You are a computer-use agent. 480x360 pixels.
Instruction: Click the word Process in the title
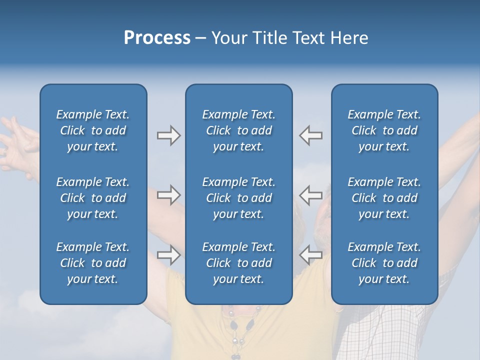pos(157,38)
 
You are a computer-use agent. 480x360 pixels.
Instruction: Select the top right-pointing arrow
pos(168,135)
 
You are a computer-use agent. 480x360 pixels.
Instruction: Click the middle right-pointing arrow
pos(168,194)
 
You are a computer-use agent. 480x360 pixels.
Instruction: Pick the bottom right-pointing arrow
pos(168,254)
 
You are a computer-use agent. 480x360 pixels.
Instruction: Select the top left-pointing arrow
pos(310,135)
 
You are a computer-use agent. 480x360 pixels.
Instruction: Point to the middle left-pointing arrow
pos(310,194)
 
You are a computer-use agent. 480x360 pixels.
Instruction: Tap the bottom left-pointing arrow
pos(310,254)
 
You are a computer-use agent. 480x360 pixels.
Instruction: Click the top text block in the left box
pos(93,130)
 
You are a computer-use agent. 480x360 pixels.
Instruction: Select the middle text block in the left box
pos(93,198)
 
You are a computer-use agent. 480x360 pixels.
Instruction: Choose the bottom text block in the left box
pos(93,263)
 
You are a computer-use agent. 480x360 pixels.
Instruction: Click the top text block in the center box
pos(238,130)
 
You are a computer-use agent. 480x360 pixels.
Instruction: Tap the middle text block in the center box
pos(238,198)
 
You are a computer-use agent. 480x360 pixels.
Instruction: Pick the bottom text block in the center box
pos(238,263)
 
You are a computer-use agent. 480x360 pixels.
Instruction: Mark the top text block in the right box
pos(384,130)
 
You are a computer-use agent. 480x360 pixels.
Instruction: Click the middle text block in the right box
pos(384,198)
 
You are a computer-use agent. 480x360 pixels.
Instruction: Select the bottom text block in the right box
pos(384,263)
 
